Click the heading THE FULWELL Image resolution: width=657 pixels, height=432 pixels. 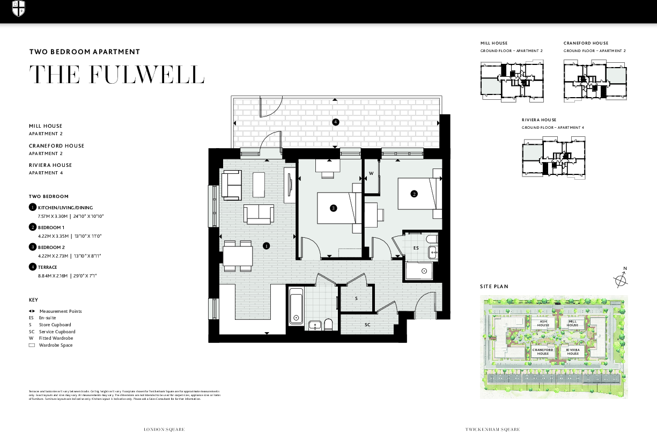[x=117, y=75]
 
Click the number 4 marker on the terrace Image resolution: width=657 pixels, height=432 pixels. [x=335, y=122]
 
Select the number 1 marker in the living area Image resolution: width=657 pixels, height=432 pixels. [x=266, y=246]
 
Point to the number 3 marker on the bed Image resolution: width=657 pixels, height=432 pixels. [x=333, y=208]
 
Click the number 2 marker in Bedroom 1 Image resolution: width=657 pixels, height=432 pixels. [x=414, y=194]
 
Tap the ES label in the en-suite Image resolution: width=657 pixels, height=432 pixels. [x=416, y=248]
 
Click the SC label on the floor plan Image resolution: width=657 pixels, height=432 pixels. [x=368, y=325]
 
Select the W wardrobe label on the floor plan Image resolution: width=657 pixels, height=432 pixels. [x=371, y=174]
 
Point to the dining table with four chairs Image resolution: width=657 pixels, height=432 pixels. [x=238, y=255]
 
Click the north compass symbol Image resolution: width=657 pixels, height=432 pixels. [x=621, y=279]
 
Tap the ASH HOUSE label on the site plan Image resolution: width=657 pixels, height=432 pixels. [x=543, y=324]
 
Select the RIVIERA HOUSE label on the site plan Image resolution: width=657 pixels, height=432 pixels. [x=573, y=352]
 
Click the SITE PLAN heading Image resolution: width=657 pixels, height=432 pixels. [x=494, y=287]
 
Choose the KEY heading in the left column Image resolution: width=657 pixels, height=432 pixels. [x=33, y=300]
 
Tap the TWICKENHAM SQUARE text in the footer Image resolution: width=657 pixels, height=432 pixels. [x=492, y=429]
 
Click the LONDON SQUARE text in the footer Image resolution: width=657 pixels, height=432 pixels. [x=164, y=429]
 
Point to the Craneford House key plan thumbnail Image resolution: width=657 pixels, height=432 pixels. [x=594, y=80]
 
